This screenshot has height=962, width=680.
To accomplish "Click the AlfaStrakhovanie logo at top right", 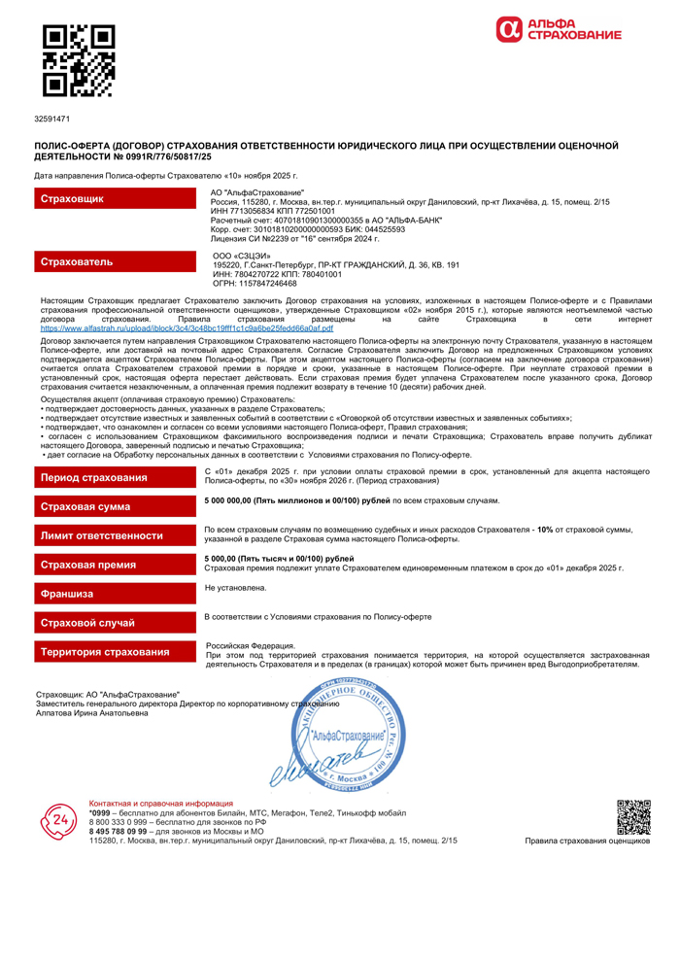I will pyautogui.click(x=558, y=30).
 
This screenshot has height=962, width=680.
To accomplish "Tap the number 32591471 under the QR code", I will pyautogui.click(x=51, y=119).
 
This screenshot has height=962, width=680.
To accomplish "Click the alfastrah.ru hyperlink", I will pyautogui.click(x=187, y=328).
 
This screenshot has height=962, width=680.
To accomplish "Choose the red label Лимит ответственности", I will pyautogui.click(x=115, y=535).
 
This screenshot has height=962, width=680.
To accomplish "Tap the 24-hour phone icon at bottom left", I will pyautogui.click(x=58, y=822).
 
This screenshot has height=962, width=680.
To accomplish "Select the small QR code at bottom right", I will pyautogui.click(x=633, y=817).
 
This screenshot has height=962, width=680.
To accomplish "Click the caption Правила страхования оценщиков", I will pyautogui.click(x=587, y=842).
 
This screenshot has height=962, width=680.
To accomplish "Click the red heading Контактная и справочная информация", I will pyautogui.click(x=161, y=804).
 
